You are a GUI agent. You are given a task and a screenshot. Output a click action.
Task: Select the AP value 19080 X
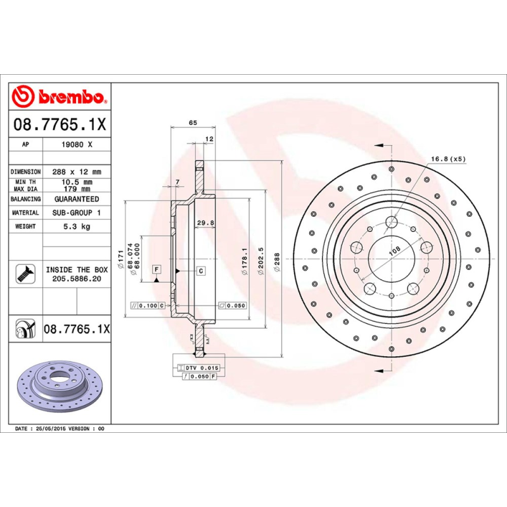pos(76,144)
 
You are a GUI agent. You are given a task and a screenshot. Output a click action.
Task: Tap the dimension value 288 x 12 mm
pos(76,172)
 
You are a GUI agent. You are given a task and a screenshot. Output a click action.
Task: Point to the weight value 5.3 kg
pos(76,226)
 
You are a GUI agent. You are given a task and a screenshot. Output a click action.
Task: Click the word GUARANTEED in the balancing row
pos(76,199)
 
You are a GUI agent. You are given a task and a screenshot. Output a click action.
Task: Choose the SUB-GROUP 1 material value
pos(76,213)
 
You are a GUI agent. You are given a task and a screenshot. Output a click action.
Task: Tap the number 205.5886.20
pos(76,278)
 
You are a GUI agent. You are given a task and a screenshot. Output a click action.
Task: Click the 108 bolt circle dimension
pos(394,251)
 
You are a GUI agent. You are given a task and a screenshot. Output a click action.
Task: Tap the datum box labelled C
pos(200,271)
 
